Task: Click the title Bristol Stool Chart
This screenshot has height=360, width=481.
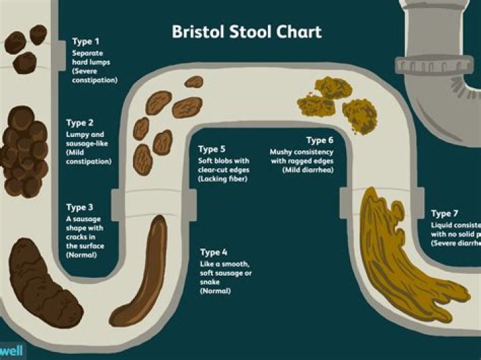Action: click(x=247, y=32)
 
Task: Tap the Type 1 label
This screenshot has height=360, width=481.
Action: click(x=86, y=41)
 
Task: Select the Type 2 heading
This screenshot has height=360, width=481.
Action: click(x=79, y=123)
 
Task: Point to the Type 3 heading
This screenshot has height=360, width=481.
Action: click(x=79, y=208)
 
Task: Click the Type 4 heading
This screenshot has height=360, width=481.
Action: click(x=214, y=252)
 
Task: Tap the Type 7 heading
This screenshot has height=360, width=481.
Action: click(x=445, y=214)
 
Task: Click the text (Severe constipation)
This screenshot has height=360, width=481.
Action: click(x=95, y=75)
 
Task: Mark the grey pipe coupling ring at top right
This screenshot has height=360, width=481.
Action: click(x=425, y=65)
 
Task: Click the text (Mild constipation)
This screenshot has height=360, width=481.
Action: click(x=89, y=162)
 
